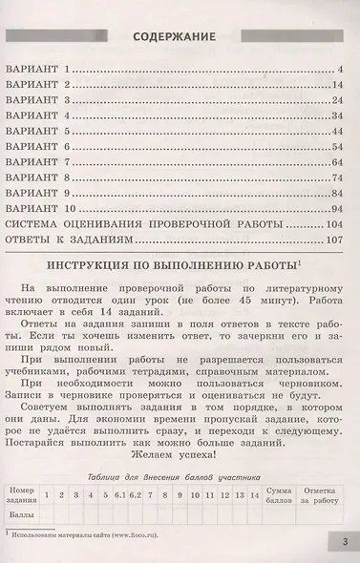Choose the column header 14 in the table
[254, 495]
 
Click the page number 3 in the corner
[345, 543]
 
